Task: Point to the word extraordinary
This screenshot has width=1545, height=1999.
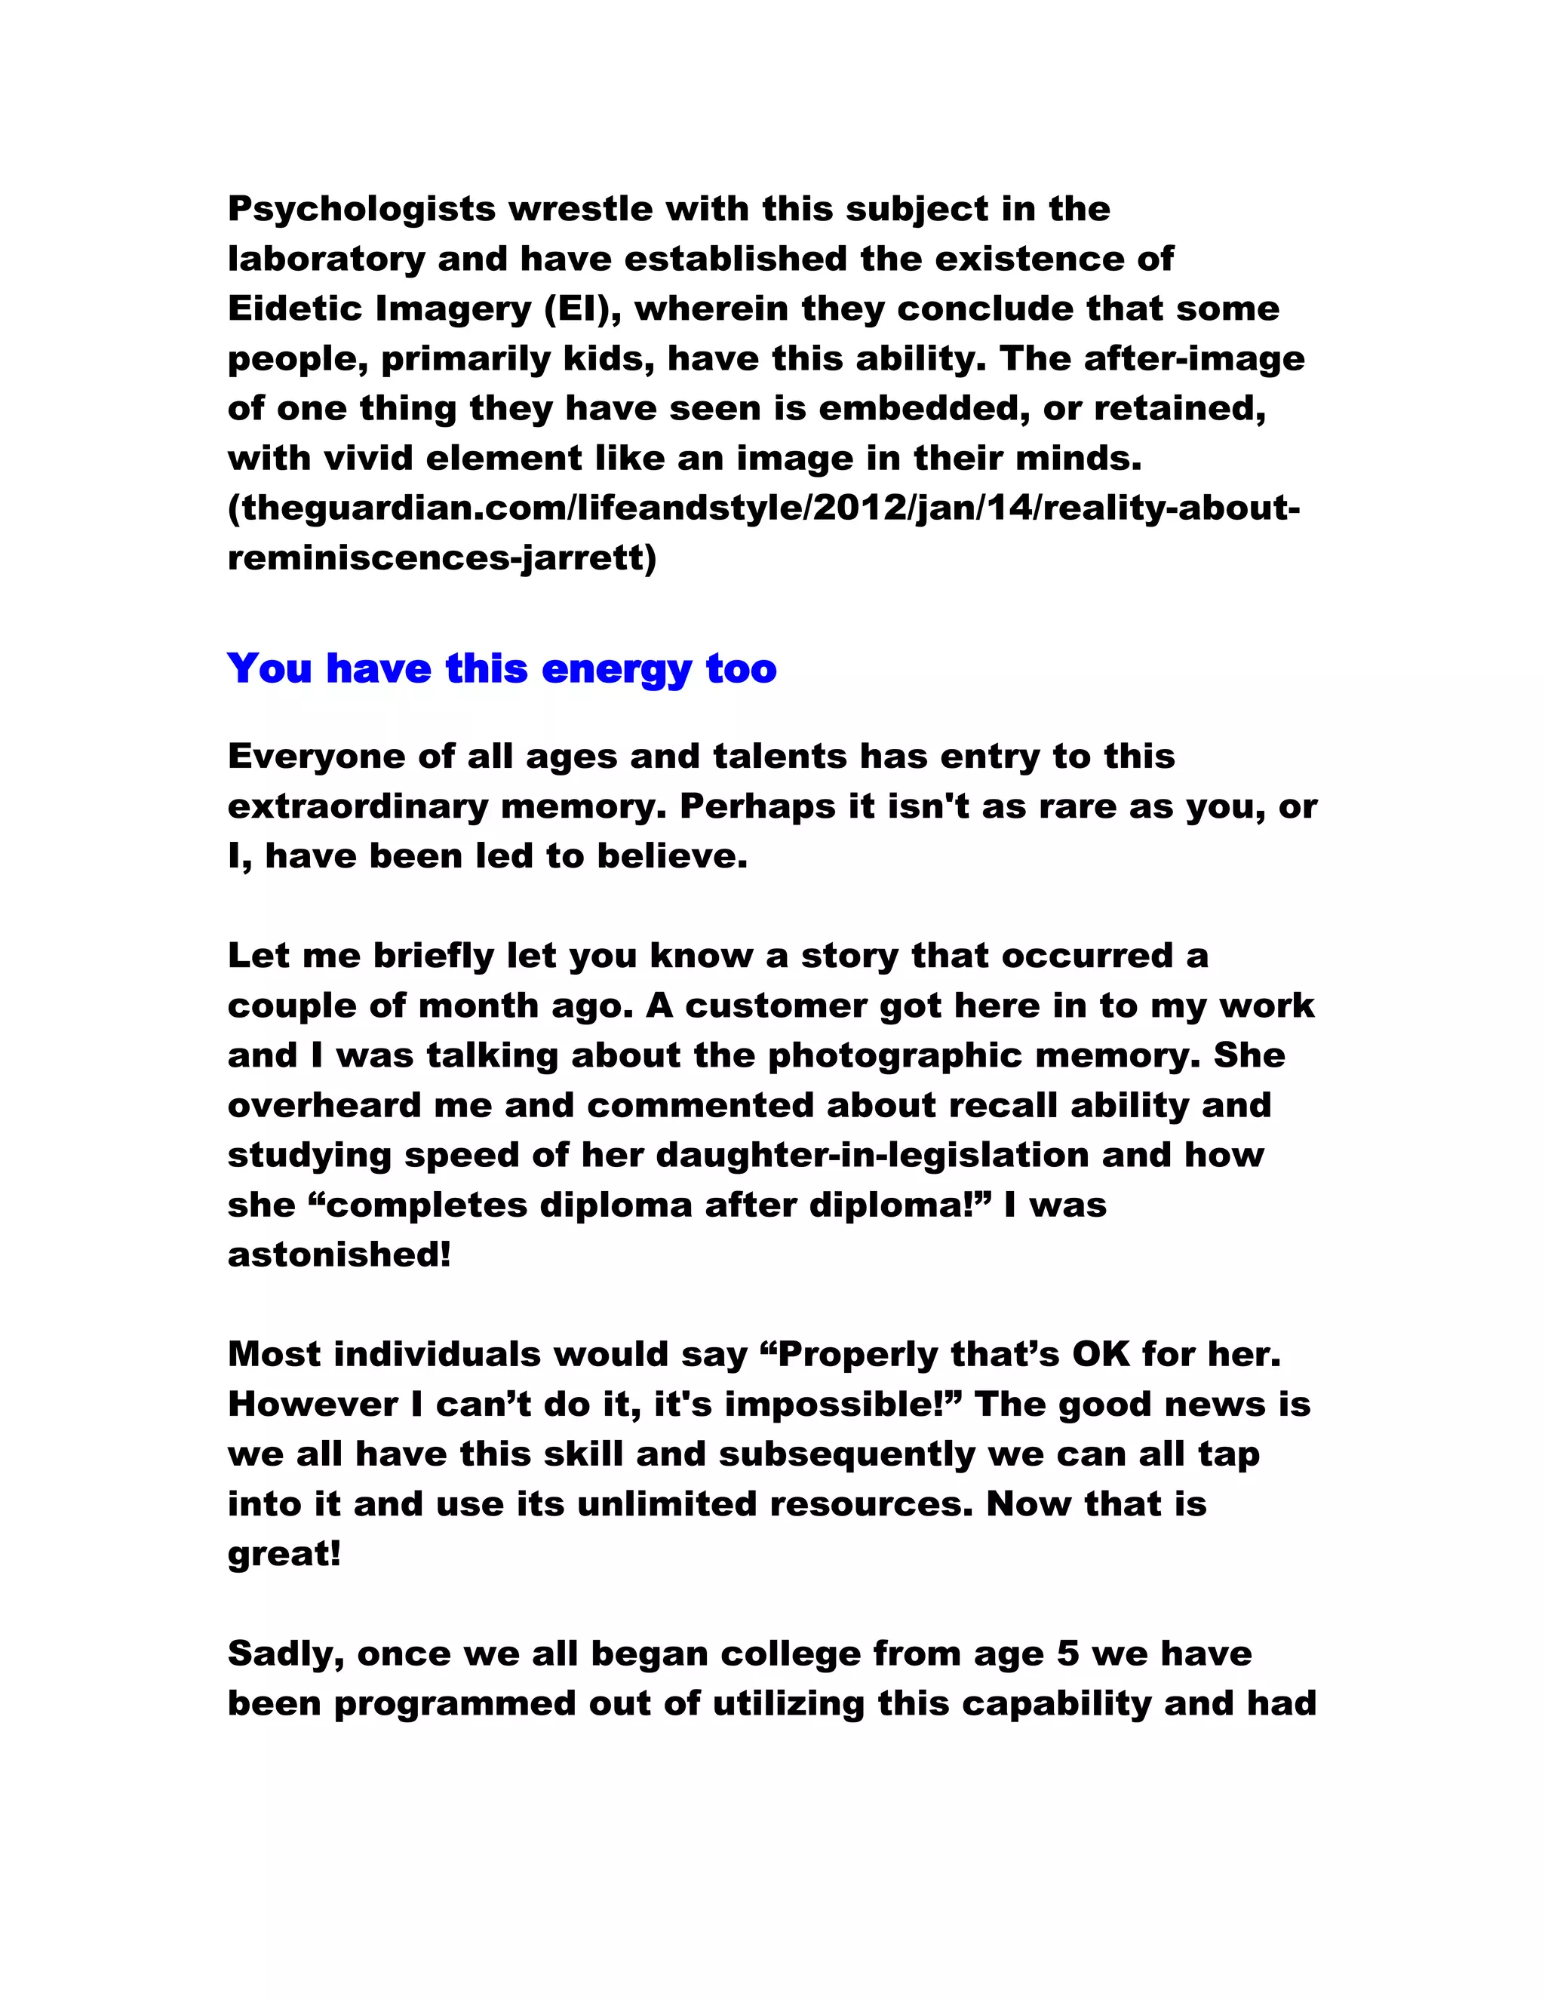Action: coord(358,806)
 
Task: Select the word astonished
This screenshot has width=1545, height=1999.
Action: coord(339,1254)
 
